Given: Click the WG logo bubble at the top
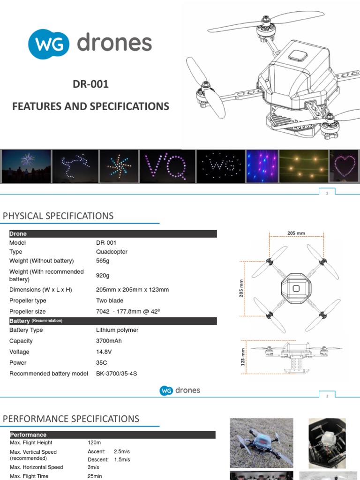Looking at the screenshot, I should [48, 44].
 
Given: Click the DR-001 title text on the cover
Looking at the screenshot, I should [90, 84].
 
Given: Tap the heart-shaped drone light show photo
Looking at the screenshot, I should [345, 166].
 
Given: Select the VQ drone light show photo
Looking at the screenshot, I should [166, 166].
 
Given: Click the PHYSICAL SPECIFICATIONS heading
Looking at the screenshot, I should [58, 216].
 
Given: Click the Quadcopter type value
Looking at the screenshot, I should [112, 252].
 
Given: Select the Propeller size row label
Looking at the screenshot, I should [28, 311].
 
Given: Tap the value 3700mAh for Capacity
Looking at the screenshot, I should [110, 341].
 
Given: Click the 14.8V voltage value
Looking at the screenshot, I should [104, 352].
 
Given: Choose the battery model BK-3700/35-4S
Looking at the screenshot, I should [117, 374].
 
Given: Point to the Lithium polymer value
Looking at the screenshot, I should [117, 330].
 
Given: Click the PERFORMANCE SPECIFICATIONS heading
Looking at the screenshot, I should [71, 419].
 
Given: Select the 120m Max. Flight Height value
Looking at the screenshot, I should [94, 442].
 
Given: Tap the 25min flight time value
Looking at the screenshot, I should [95, 476].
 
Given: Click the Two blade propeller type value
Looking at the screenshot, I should [110, 300].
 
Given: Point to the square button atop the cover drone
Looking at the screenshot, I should [298, 56].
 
